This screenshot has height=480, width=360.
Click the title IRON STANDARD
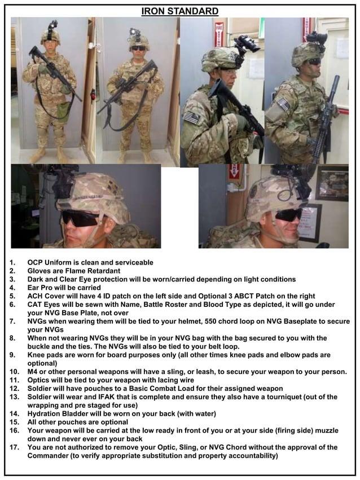pyautogui.click(x=179, y=11)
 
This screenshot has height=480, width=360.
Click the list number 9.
pyautogui.click(x=12, y=355)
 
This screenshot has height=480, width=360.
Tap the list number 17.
pyautogui.click(x=14, y=447)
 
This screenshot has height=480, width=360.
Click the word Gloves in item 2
pyautogui.click(x=39, y=271)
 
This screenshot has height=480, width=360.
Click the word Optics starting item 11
pyautogui.click(x=39, y=380)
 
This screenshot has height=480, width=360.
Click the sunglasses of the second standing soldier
pyautogui.click(x=138, y=48)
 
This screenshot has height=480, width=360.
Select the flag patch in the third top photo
pyautogui.click(x=192, y=117)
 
